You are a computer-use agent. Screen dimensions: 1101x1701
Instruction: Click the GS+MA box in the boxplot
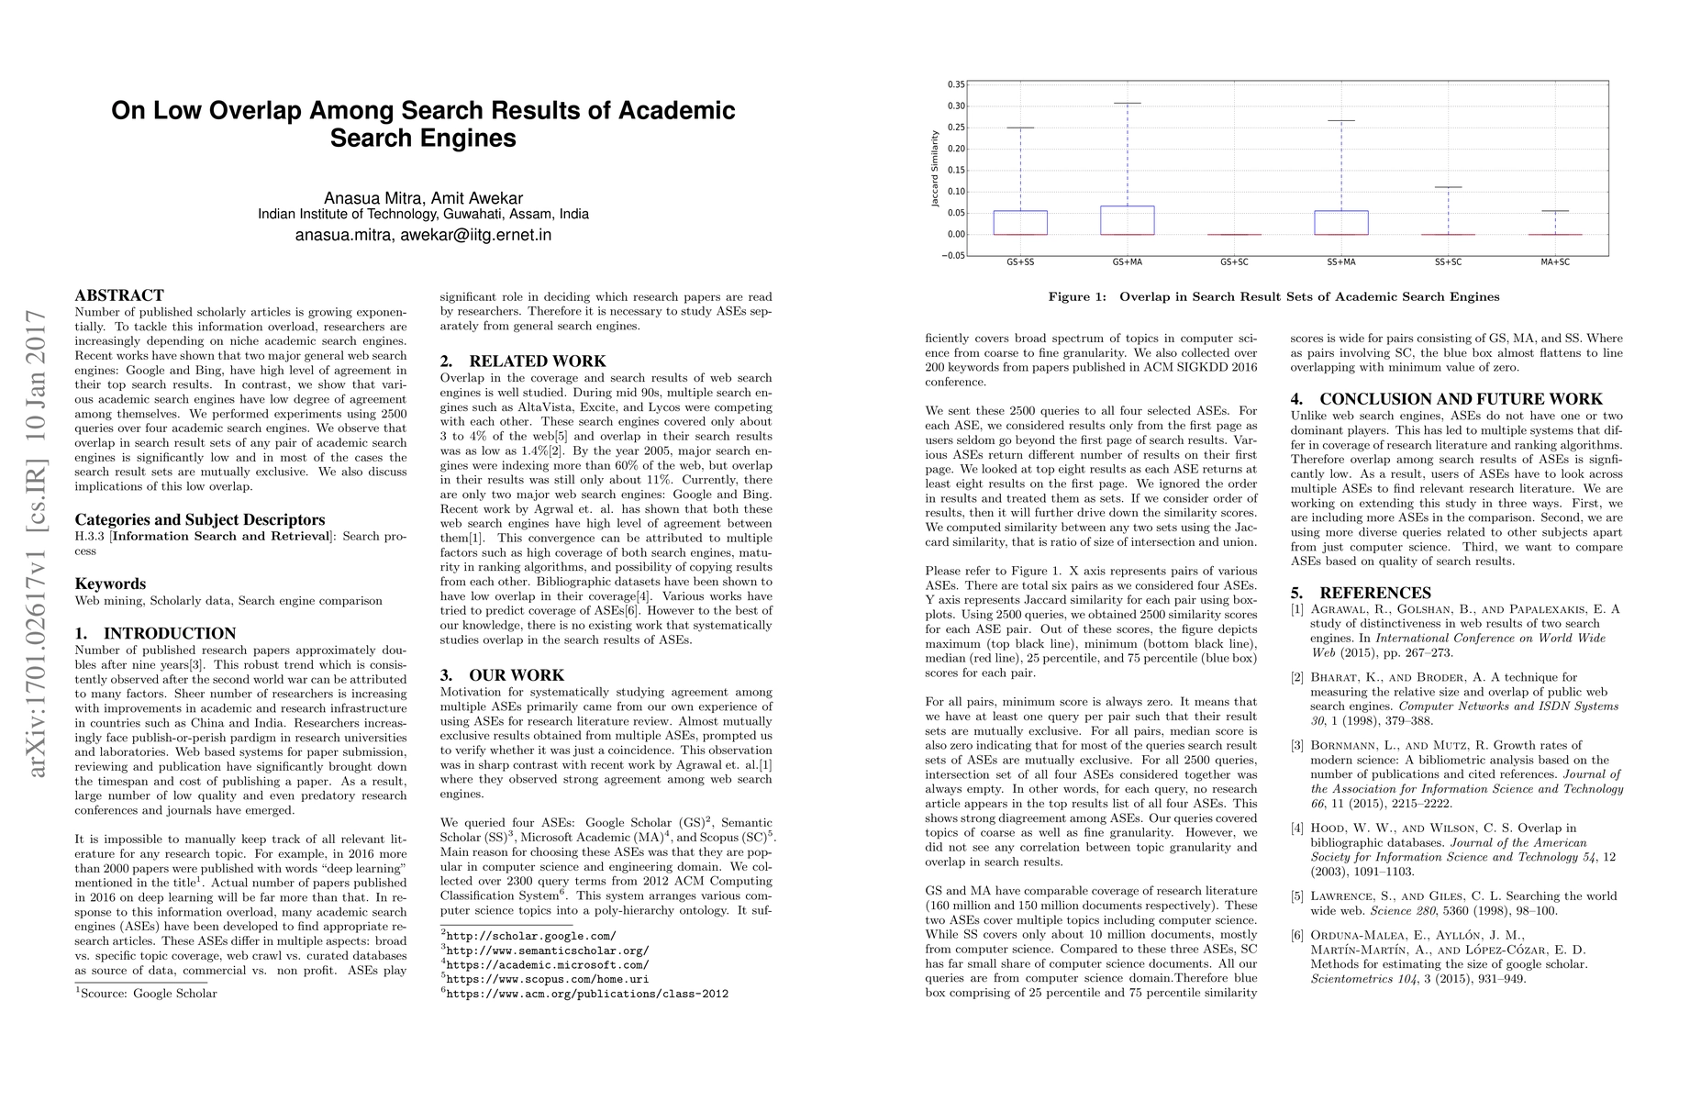[1127, 220]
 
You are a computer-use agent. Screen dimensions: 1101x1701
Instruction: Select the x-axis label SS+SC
[1448, 262]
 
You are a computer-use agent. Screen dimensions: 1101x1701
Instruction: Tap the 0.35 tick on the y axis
[955, 84]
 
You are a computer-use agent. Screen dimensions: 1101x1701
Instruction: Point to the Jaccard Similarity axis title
[935, 169]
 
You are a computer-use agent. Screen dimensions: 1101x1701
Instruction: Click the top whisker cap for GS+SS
[1020, 128]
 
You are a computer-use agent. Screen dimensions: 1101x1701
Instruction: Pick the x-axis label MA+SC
[1554, 262]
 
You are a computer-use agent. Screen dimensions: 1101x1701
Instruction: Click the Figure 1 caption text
[1273, 296]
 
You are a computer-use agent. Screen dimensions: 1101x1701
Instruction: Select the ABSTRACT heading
[119, 295]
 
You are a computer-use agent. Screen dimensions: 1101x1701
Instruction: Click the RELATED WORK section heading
[523, 361]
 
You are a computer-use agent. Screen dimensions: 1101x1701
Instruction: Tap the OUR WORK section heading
[502, 674]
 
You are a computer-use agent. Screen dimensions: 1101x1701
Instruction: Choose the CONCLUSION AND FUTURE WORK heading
[1446, 399]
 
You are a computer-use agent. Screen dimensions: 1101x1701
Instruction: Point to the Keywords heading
[110, 584]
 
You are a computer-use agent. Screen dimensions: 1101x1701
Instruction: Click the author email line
[423, 235]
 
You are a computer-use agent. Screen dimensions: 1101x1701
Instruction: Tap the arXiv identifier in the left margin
[39, 543]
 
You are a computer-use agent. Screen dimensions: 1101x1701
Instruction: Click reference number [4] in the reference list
[1296, 829]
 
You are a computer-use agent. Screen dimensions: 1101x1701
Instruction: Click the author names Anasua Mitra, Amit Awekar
[423, 198]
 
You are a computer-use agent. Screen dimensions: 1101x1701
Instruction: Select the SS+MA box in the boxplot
[1340, 222]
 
